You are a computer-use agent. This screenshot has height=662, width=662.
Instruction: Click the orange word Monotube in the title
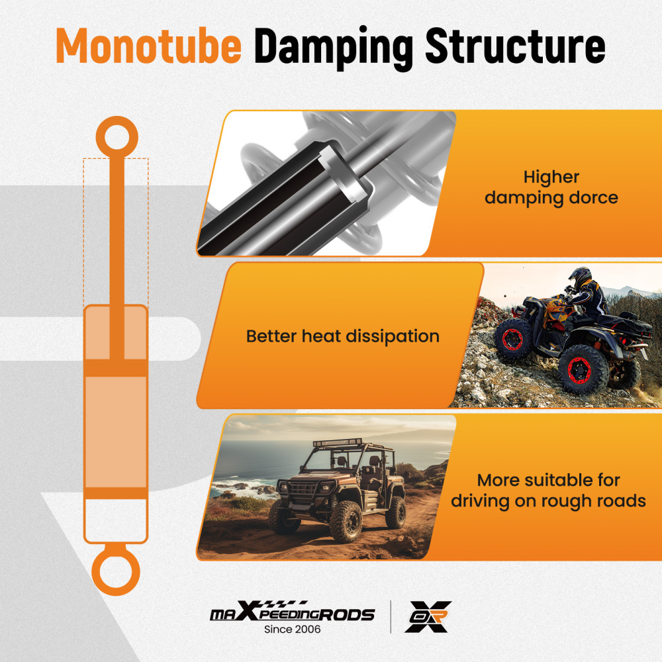[x=148, y=46]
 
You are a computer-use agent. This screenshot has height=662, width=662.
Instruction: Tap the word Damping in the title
[x=334, y=48]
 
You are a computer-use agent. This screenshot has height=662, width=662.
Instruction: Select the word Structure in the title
[x=516, y=46]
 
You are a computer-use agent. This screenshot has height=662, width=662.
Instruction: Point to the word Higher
[x=551, y=177]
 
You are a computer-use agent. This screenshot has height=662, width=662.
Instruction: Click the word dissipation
[x=393, y=337]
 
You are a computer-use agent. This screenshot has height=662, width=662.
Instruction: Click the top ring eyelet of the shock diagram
[x=117, y=137]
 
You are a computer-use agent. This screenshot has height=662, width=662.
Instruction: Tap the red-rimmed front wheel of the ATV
[x=514, y=338]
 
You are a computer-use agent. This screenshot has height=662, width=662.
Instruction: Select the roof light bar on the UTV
[x=338, y=443]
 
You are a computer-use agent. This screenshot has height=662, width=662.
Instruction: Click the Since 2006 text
[x=292, y=630]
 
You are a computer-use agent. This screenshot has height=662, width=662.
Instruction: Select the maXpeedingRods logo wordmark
[x=292, y=612]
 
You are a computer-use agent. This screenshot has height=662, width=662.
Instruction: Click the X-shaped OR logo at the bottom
[x=428, y=617]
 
